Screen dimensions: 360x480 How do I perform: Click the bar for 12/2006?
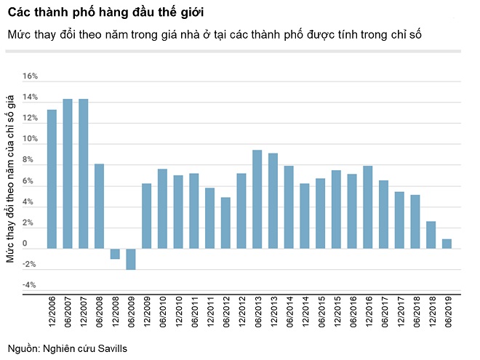click(x=52, y=179)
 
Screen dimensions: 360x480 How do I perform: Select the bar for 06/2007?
click(x=68, y=174)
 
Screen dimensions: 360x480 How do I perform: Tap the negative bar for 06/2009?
click(x=131, y=259)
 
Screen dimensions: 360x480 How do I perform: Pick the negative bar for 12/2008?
click(x=115, y=254)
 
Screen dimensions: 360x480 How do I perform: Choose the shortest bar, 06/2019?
click(x=447, y=244)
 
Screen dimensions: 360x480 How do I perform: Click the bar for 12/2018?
click(x=431, y=235)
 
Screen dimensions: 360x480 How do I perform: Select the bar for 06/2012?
click(x=225, y=223)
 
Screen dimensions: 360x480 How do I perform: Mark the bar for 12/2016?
click(x=367, y=207)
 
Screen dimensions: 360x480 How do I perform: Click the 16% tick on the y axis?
click(x=30, y=76)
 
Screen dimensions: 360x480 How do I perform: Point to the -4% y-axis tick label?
click(x=30, y=285)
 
